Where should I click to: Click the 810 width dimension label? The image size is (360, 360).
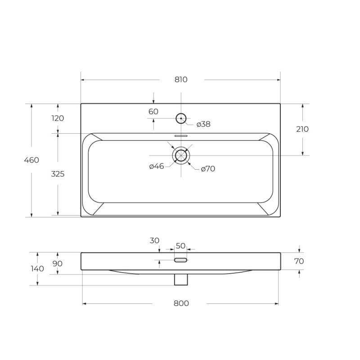pyautogui.click(x=181, y=80)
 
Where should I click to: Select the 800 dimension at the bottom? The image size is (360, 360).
pyautogui.click(x=181, y=303)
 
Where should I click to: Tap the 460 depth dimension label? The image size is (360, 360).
pyautogui.click(x=31, y=160)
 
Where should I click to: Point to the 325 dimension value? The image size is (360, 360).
pyautogui.click(x=58, y=174)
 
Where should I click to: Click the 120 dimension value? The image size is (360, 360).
pyautogui.click(x=58, y=118)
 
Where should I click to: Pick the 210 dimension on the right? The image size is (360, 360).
pyautogui.click(x=302, y=129)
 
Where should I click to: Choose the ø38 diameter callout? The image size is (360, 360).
pyautogui.click(x=203, y=124)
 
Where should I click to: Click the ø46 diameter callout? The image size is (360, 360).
pyautogui.click(x=157, y=166)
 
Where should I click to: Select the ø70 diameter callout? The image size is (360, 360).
pyautogui.click(x=208, y=169)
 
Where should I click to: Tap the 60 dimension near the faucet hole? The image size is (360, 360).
pyautogui.click(x=153, y=112)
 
